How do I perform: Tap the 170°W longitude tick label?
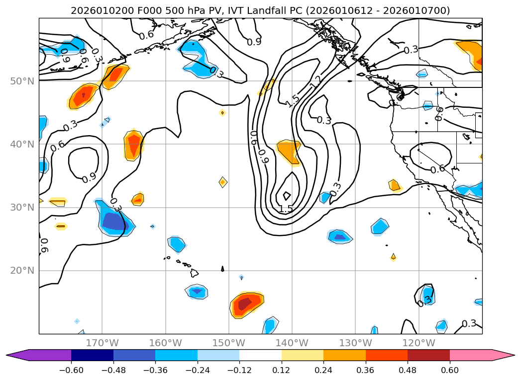(102, 343)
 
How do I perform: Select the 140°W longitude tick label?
(292, 343)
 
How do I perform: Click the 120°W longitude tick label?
(418, 343)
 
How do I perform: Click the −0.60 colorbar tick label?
(71, 370)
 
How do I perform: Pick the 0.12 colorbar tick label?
(282, 370)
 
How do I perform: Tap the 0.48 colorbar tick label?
(408, 370)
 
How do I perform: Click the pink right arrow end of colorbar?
(503, 355)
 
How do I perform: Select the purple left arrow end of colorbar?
(18, 355)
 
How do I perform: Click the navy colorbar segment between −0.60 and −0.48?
(92, 355)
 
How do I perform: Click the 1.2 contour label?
(315, 82)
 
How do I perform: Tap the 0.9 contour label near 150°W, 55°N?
(254, 42)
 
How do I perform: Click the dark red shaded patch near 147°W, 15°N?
(244, 304)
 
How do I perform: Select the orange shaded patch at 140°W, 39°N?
(289, 151)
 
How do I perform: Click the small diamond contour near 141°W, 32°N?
(287, 196)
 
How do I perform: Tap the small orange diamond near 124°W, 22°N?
(393, 257)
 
